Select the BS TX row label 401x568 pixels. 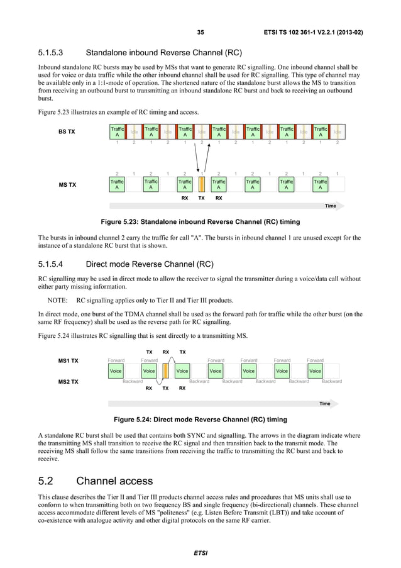[x=67, y=132]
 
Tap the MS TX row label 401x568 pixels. [x=67, y=184]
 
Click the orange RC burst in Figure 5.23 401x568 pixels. [x=202, y=184]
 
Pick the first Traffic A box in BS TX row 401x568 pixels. [x=117, y=131]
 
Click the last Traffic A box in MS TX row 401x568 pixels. [x=321, y=184]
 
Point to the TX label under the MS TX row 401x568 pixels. [x=201, y=198]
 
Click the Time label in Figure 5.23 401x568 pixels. [x=330, y=206]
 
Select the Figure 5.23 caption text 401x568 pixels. [x=197, y=222]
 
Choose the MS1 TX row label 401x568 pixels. [x=68, y=361]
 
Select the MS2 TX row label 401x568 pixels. [x=68, y=381]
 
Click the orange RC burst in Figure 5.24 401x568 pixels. [x=165, y=370]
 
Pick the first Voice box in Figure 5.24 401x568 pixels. [x=116, y=371]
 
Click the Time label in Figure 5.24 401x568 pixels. [x=325, y=404]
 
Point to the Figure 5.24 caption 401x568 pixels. [x=197, y=420]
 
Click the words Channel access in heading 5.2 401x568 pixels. [x=114, y=482]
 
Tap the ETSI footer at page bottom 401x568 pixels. [x=200, y=553]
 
